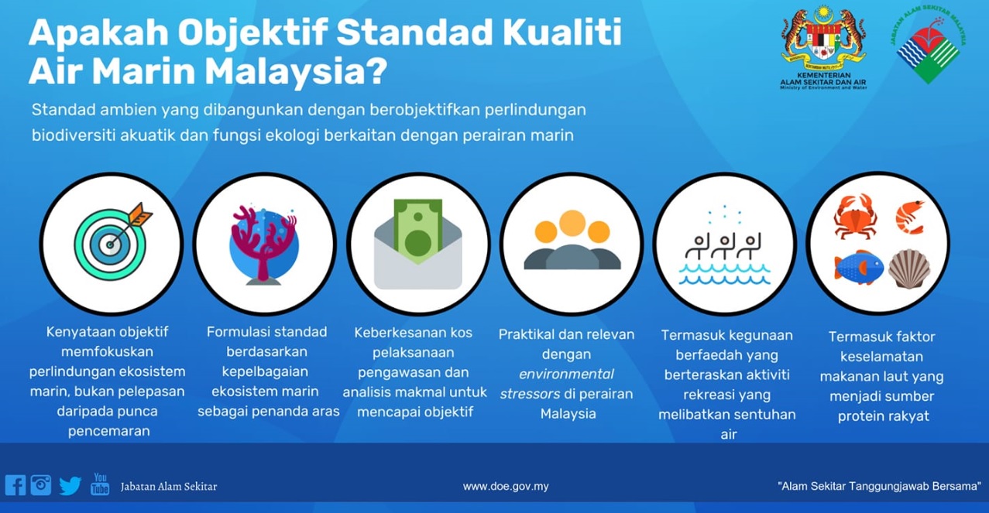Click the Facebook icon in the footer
(x=15, y=485)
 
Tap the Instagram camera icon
(x=41, y=485)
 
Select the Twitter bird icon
(x=70, y=486)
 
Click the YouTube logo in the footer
(x=100, y=484)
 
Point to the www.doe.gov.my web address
(x=506, y=487)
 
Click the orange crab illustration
(x=855, y=216)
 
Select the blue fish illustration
(x=858, y=267)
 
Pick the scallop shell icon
(x=909, y=268)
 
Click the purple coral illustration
(x=264, y=241)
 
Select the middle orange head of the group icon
(x=572, y=224)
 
